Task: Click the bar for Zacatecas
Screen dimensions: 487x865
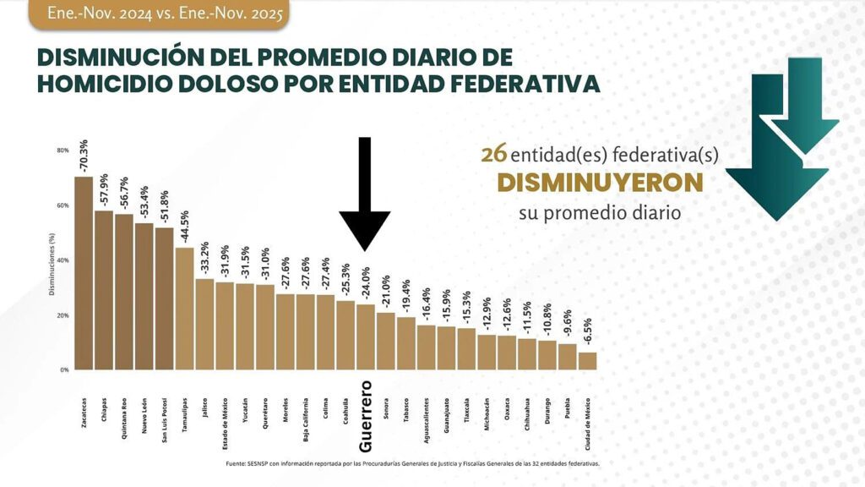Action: click(x=84, y=272)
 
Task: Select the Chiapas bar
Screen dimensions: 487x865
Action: click(x=104, y=290)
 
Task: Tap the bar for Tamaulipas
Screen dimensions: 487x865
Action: click(x=184, y=309)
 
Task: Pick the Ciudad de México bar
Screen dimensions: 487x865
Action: click(x=588, y=361)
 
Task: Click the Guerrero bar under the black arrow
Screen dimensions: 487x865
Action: click(x=366, y=337)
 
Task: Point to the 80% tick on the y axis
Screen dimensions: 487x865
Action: click(x=63, y=150)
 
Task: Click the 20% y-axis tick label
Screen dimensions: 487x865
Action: click(x=63, y=315)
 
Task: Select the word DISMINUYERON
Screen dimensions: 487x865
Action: click(x=600, y=183)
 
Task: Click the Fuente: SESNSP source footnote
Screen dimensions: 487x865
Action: click(x=413, y=464)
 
